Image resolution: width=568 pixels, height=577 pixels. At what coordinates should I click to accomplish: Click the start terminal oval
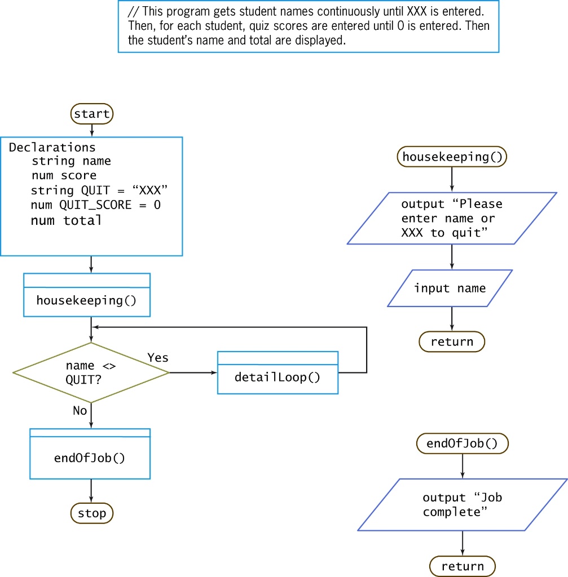tap(92, 114)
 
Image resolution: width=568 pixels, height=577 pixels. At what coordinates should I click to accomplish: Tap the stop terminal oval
tap(92, 513)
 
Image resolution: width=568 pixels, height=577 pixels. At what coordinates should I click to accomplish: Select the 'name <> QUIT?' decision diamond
tap(91, 372)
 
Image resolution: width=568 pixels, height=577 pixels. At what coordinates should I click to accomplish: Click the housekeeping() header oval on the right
tap(452, 157)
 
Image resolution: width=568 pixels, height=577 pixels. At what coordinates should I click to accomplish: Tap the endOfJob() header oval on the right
tap(462, 443)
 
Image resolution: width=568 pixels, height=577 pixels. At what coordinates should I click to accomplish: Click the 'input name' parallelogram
tap(450, 288)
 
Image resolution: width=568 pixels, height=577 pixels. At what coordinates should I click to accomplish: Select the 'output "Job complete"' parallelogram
tap(462, 504)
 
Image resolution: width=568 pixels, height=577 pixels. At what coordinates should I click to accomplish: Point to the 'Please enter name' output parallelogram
tap(451, 218)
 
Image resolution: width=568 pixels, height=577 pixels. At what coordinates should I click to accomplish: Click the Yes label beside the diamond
tap(158, 358)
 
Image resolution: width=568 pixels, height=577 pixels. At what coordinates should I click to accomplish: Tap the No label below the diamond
tap(80, 411)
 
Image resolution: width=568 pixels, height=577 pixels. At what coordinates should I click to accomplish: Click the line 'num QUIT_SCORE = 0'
tap(95, 205)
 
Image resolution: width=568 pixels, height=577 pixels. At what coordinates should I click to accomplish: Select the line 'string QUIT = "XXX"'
tap(99, 190)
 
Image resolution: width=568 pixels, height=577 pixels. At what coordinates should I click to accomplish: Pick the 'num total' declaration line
tap(67, 220)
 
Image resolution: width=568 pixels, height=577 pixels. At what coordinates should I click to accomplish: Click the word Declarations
tap(52, 148)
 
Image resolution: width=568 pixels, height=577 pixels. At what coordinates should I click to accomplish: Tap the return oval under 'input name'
tap(452, 341)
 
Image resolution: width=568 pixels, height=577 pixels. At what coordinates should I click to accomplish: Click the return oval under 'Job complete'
tap(463, 566)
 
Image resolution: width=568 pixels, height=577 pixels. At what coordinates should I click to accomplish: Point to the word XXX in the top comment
tap(417, 12)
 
